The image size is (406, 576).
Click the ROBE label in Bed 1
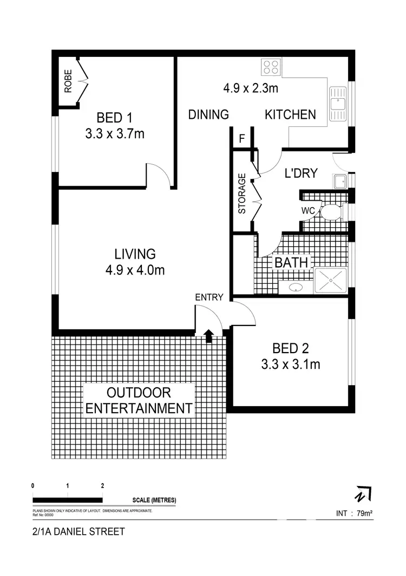pos(68,81)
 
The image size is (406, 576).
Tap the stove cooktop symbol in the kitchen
pos(271,67)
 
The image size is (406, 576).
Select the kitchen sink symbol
pos(338,104)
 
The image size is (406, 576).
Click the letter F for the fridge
pos(242,139)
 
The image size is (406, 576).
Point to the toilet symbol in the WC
pos(330,212)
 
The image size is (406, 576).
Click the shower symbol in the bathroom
pos(331,281)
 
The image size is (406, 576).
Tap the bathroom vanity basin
pos(296,287)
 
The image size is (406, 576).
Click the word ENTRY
pos(209,297)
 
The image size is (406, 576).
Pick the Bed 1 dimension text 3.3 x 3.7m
pos(115,133)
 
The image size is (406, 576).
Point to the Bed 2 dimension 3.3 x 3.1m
pos(290,364)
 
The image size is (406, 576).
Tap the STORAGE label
pos(243,193)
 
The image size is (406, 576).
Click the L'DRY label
pos(300,173)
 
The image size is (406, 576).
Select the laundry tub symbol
pos(340,181)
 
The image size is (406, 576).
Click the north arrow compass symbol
pos(362,494)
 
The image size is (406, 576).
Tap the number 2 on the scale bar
pos(102,486)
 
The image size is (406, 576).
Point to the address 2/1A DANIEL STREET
pos(78,532)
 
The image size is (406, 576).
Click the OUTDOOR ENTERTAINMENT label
pos(139,400)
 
